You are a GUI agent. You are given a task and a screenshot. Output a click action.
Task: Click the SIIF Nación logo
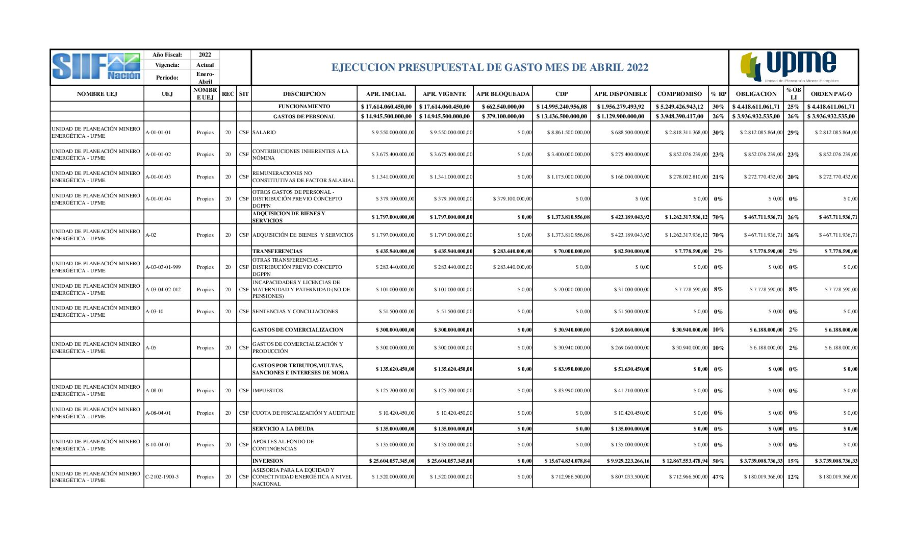click(x=96, y=67)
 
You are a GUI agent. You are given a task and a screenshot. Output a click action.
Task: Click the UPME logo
click(x=793, y=67)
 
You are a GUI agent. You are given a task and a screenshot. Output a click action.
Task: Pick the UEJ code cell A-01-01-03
click(x=158, y=177)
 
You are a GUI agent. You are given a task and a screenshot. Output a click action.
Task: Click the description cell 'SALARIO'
click(x=264, y=133)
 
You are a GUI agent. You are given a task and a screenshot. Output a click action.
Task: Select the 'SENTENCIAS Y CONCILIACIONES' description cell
click(x=295, y=312)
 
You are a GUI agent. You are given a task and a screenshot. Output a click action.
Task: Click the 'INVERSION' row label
click(x=268, y=461)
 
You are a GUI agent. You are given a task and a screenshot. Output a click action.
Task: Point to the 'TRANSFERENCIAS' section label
click(x=277, y=251)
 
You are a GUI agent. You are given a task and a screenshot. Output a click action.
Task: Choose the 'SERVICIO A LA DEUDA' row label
click(x=283, y=429)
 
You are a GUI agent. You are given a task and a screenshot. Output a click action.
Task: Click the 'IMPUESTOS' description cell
click(x=268, y=391)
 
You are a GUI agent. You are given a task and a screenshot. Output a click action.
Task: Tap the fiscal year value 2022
click(x=205, y=55)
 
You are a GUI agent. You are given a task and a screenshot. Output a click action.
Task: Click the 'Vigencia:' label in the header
click(x=167, y=65)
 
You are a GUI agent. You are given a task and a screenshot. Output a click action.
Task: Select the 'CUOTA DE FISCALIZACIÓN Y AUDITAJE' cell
click(x=303, y=413)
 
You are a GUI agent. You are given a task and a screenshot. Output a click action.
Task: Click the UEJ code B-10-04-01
click(x=158, y=445)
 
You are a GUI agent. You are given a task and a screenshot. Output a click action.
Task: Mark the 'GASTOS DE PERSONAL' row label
click(x=304, y=116)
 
